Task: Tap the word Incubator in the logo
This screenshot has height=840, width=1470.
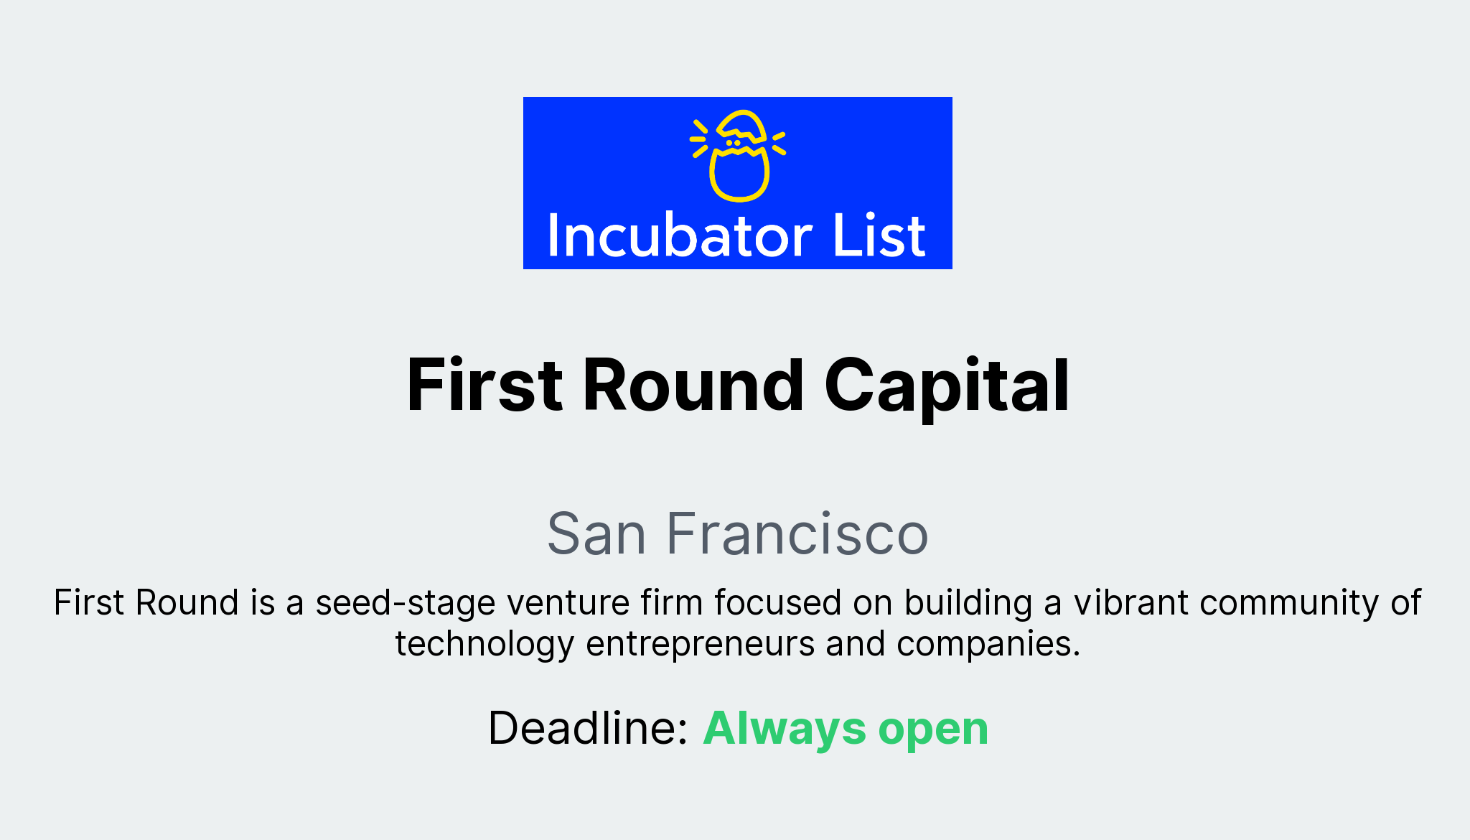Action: (x=679, y=236)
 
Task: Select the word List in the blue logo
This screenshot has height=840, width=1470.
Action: (x=879, y=236)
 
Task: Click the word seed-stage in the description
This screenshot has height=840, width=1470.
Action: (x=406, y=602)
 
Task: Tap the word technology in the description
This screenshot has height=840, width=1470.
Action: (x=484, y=644)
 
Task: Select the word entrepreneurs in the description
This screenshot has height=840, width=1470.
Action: (x=700, y=644)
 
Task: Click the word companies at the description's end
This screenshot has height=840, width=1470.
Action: (x=988, y=644)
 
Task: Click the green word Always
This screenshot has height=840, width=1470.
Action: (x=784, y=728)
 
